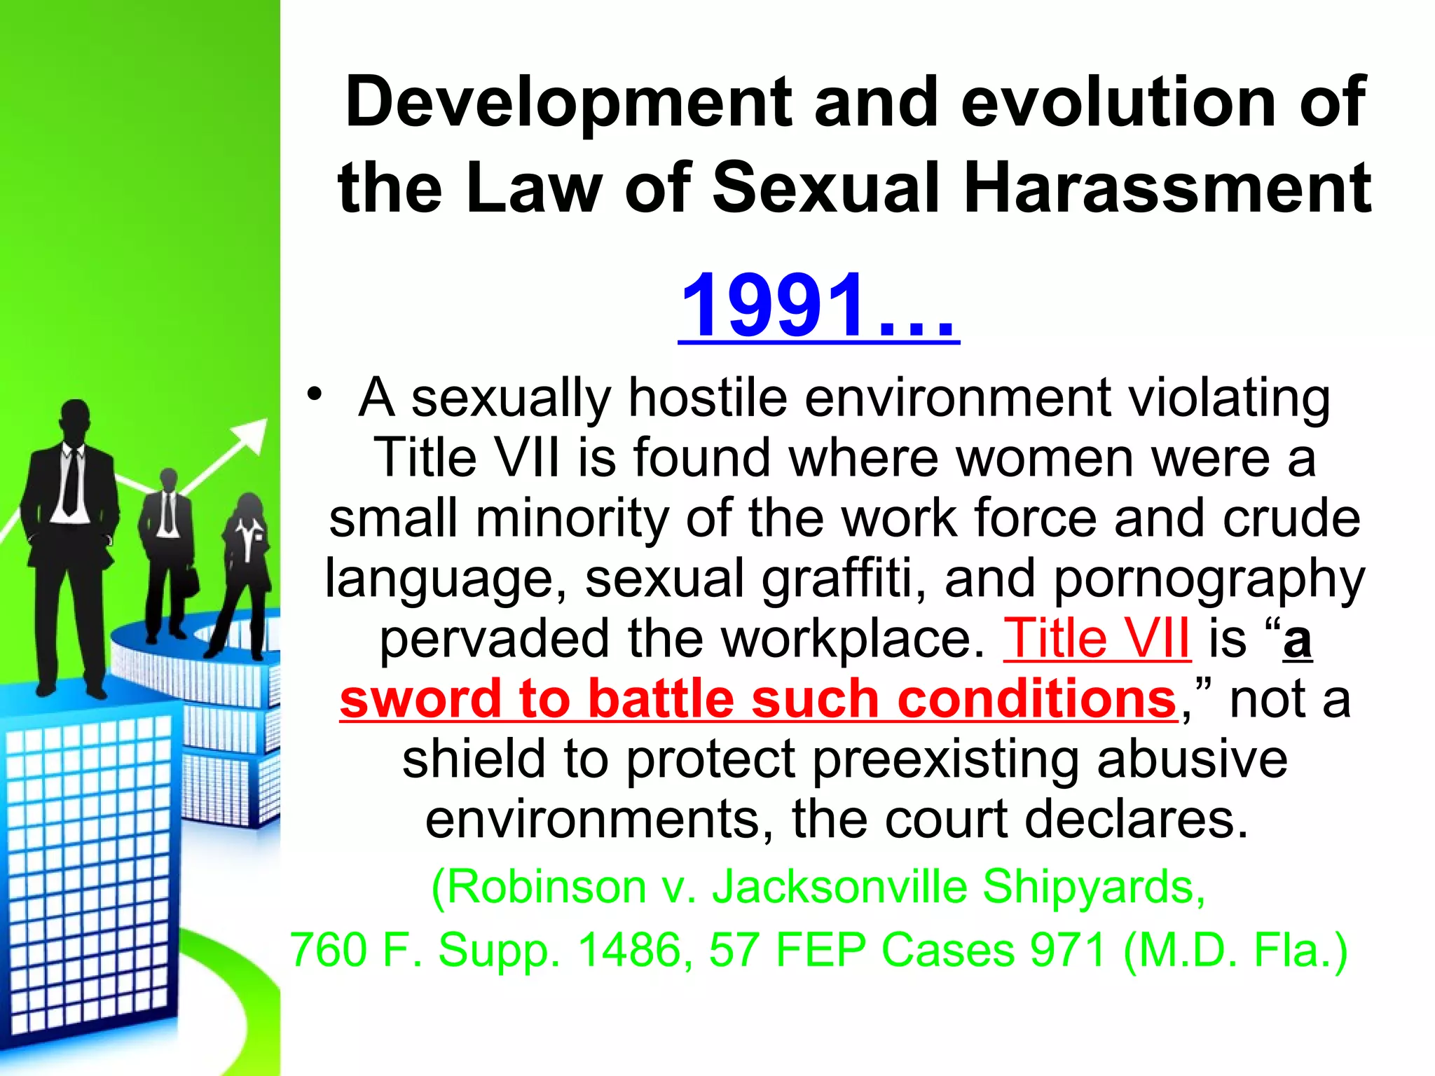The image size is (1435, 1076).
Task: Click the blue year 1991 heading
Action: pyautogui.click(x=818, y=305)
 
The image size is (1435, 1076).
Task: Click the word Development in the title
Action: pyautogui.click(x=568, y=102)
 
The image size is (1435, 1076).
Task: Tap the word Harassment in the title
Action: pyautogui.click(x=1167, y=188)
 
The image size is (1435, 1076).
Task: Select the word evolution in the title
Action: pyautogui.click(x=1120, y=102)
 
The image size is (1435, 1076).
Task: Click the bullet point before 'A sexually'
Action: pyautogui.click(x=315, y=394)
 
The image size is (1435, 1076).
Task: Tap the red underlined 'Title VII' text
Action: pyautogui.click(x=1097, y=638)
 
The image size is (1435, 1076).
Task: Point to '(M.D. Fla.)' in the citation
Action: pyautogui.click(x=1235, y=950)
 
